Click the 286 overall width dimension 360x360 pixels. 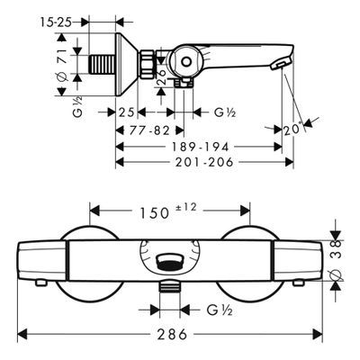[172, 334]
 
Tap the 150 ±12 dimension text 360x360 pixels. [168, 211]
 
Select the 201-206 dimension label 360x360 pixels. [204, 162]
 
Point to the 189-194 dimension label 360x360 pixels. [200, 147]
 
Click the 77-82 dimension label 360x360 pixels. [149, 130]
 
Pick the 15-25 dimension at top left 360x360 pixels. [56, 22]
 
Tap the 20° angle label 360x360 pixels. [292, 129]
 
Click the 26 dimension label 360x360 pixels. [161, 77]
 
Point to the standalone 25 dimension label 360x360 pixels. [126, 112]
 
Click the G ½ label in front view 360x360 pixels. [220, 310]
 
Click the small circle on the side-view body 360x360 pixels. [186, 62]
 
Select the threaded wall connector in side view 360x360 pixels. [103, 64]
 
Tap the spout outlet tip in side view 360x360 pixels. [280, 64]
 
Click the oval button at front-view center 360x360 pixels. [168, 261]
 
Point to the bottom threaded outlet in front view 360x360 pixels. [169, 286]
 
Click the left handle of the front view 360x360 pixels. [41, 260]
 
